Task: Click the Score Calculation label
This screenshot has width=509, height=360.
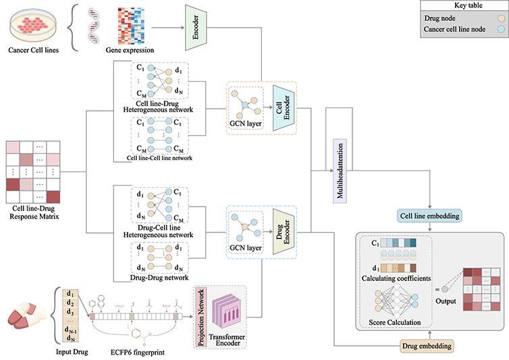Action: pos(395,324)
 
